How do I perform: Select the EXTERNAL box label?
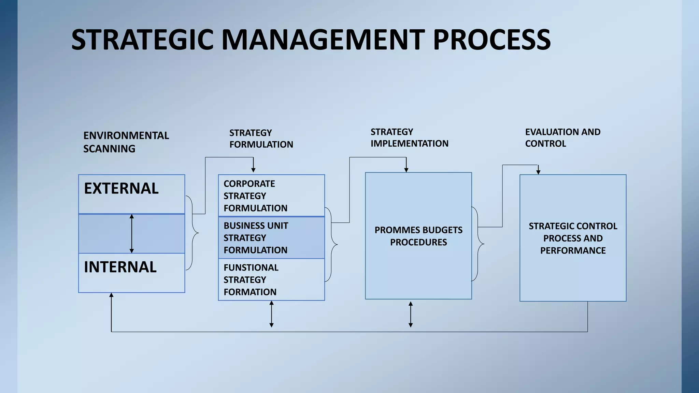(121, 189)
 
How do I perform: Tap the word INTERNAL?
(120, 267)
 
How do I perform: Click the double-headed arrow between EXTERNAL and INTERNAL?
(132, 234)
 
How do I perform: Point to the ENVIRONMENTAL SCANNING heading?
(126, 142)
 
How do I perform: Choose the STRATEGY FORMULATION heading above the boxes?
(261, 139)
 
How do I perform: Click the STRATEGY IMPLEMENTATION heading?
(409, 137)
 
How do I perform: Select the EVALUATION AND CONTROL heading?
(562, 137)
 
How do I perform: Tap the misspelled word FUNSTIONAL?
(251, 267)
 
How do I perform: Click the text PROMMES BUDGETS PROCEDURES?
(418, 236)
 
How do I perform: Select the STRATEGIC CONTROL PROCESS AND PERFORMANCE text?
(573, 238)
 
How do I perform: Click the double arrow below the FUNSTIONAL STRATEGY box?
(271, 314)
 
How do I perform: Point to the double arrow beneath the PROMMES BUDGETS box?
(411, 314)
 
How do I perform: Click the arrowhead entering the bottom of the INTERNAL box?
(111, 295)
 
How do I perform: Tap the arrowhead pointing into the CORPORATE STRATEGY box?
(253, 170)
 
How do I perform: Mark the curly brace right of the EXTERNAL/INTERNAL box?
(194, 233)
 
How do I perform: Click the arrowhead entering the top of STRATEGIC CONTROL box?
(538, 172)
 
